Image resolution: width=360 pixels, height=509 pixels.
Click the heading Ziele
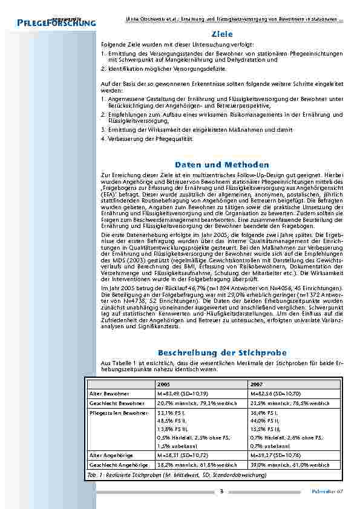click(222, 34)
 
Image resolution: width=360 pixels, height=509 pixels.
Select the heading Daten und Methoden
click(222, 164)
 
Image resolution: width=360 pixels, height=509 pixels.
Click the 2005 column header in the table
click(163, 384)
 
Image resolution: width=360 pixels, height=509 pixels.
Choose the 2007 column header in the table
click(257, 384)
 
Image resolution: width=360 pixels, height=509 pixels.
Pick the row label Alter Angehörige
click(108, 455)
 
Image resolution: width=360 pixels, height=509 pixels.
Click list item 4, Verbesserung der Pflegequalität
click(147, 139)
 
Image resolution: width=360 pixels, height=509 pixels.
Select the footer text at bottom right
click(330, 491)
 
